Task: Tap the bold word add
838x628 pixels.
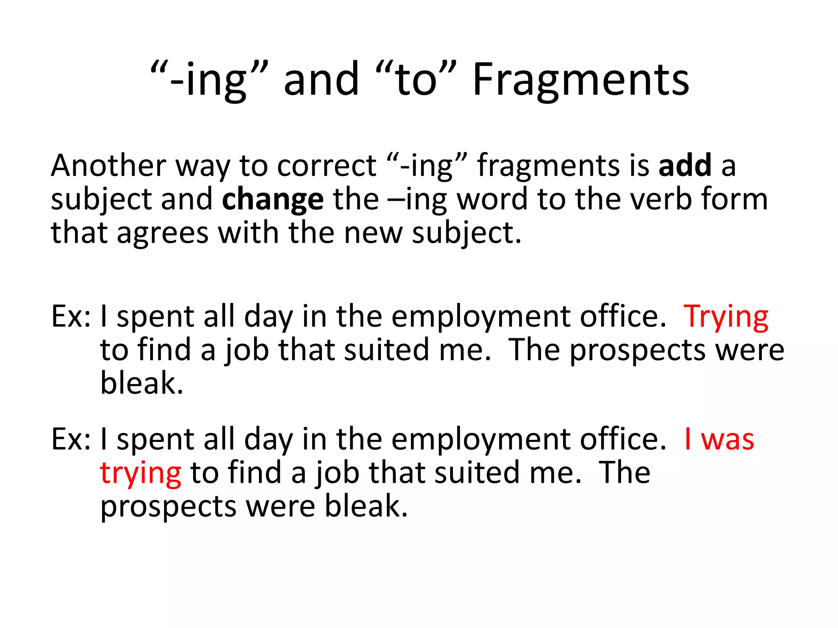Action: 685,166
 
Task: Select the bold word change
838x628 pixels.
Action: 273,200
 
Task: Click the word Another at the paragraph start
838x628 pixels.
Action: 108,166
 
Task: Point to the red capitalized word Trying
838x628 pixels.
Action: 726,317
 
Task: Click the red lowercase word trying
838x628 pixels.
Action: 140,473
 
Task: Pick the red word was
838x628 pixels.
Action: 728,440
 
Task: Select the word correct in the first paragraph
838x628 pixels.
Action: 327,166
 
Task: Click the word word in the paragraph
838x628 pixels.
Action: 492,200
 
